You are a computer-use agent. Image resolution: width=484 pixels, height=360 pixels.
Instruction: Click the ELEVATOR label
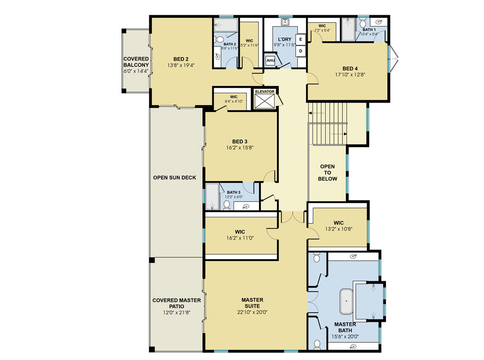[264, 92]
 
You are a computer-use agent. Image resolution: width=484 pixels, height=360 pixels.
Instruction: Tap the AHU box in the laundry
[270, 60]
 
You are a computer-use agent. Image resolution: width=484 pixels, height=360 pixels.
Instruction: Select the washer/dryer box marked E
[300, 39]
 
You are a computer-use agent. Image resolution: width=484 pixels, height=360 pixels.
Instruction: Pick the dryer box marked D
[300, 51]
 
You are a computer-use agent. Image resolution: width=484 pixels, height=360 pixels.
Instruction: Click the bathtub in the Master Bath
[346, 301]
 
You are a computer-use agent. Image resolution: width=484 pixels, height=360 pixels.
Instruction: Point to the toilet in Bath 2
[219, 39]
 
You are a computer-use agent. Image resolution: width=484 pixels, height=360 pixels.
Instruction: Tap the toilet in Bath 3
[227, 205]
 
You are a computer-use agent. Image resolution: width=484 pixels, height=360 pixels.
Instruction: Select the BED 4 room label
[350, 68]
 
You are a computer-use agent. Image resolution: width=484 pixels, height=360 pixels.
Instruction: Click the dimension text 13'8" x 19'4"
[181, 65]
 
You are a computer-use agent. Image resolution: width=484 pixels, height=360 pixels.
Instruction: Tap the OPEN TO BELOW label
[327, 173]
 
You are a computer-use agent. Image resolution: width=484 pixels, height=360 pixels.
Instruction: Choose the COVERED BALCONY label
[136, 62]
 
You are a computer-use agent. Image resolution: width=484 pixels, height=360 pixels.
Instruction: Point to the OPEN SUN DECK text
[175, 178]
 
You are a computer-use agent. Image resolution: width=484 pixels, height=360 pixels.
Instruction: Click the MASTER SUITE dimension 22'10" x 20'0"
[252, 312]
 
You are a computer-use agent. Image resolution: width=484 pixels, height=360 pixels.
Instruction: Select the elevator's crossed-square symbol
[264, 101]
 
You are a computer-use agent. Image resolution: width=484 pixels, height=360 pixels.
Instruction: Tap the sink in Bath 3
[246, 207]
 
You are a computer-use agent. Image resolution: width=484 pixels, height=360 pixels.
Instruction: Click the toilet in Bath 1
[363, 23]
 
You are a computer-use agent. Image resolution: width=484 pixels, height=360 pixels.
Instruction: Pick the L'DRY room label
[285, 39]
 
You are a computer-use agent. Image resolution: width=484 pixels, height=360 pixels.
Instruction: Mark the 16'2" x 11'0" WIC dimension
[240, 238]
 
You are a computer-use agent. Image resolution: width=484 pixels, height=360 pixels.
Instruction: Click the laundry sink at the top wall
[285, 22]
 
